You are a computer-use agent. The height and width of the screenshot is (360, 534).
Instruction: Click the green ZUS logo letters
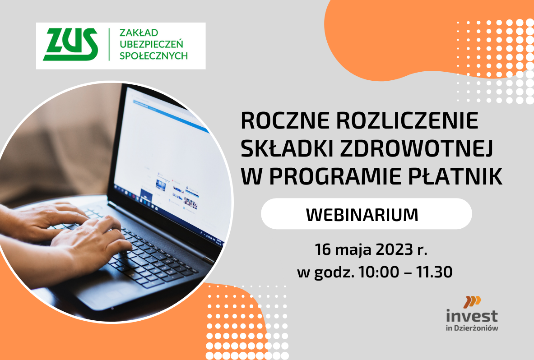[x=70, y=44]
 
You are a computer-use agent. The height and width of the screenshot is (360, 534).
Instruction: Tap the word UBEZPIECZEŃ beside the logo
[x=151, y=44]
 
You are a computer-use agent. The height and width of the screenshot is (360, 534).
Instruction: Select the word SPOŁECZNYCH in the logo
[x=153, y=55]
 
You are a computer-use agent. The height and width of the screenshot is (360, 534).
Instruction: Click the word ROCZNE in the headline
[x=285, y=120]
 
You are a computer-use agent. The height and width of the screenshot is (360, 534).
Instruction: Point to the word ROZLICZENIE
[x=407, y=120]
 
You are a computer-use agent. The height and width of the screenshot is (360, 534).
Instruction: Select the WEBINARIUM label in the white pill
[x=362, y=215]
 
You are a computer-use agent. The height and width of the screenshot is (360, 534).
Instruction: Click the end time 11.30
[x=434, y=272]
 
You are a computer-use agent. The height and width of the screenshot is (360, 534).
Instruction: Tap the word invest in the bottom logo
[x=472, y=316]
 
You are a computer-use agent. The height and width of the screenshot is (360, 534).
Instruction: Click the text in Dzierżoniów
[x=472, y=328]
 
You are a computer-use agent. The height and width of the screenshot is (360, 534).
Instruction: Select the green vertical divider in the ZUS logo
[x=109, y=45]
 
